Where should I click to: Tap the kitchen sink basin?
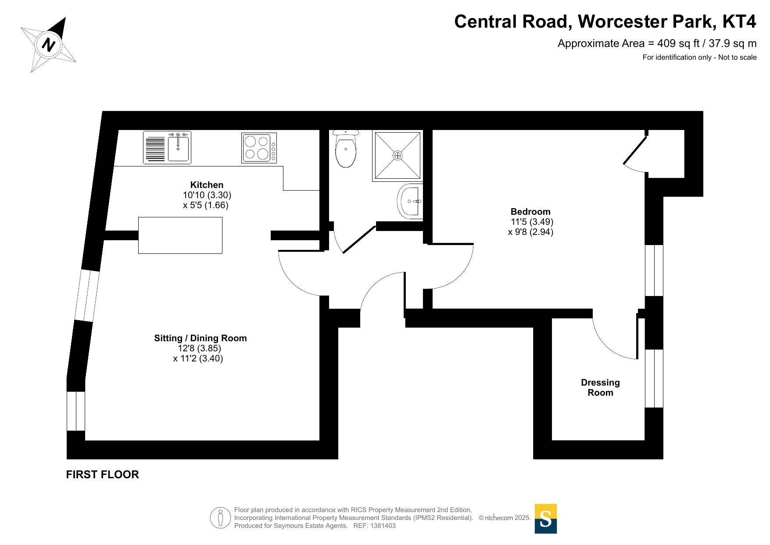(x=178, y=148)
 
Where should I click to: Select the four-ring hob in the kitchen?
(x=257, y=148)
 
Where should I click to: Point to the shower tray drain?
(x=398, y=155)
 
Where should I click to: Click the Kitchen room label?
(x=207, y=185)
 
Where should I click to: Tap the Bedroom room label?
(x=530, y=212)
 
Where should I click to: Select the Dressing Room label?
(x=600, y=387)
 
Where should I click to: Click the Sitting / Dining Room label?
(x=200, y=338)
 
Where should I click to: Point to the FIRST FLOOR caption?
(x=102, y=474)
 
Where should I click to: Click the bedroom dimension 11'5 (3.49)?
(x=532, y=222)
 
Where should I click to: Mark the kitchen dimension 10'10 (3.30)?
(x=207, y=195)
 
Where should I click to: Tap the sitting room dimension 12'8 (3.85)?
(x=199, y=348)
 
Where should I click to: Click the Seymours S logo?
(x=545, y=519)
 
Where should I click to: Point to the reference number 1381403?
(x=383, y=526)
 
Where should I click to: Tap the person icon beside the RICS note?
(x=220, y=518)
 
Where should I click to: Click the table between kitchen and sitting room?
(x=180, y=235)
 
